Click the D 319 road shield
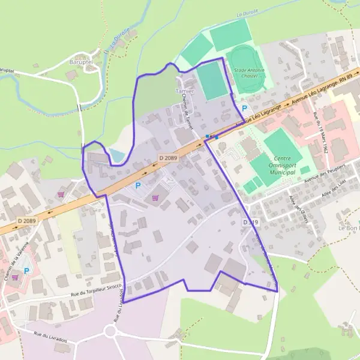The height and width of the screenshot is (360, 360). (251, 222)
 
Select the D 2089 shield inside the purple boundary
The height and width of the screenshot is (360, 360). (167, 157)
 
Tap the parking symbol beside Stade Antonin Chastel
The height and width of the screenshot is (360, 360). (244, 108)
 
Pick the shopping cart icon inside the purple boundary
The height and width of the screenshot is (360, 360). (156, 197)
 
